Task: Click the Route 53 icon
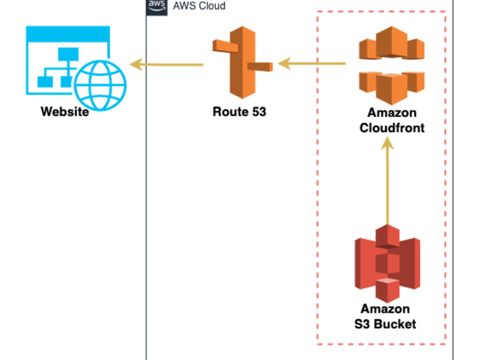242,62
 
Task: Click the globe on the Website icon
101,85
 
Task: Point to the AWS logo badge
157,6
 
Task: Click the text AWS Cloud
199,6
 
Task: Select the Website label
65,112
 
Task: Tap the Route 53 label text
239,112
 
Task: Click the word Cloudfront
392,128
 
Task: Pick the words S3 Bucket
386,324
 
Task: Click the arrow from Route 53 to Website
168,64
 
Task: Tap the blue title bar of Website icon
68,34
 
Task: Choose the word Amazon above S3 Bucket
385,309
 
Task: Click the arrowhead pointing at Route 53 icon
285,63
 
